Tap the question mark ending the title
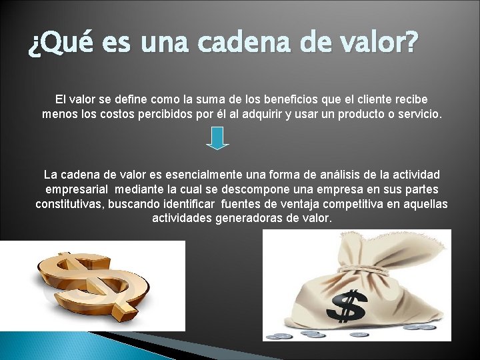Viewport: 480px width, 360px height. [x=411, y=44]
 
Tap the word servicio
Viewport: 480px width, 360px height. [x=418, y=114]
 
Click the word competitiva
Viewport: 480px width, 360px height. [x=333, y=204]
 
